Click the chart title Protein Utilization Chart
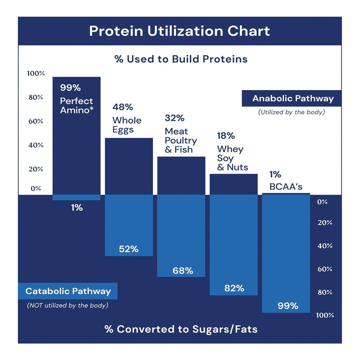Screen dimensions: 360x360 coord(179,31)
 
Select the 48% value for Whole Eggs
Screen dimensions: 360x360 coord(122,107)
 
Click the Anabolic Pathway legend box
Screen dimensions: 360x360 coord(292,98)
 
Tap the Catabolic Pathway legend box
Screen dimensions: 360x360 coord(68,291)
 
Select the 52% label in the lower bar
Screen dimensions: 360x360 coord(128,248)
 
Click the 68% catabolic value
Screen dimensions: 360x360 coord(182,270)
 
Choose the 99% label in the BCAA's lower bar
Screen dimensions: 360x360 coord(287,305)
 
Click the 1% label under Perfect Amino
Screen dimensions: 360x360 coord(76,207)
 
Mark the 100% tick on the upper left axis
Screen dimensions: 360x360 coord(35,73)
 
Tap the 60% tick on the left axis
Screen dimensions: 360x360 coord(35,121)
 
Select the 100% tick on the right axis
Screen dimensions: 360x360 coord(324,315)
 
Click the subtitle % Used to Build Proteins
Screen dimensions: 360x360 coord(180,59)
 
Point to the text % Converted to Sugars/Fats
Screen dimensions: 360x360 coord(180,329)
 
